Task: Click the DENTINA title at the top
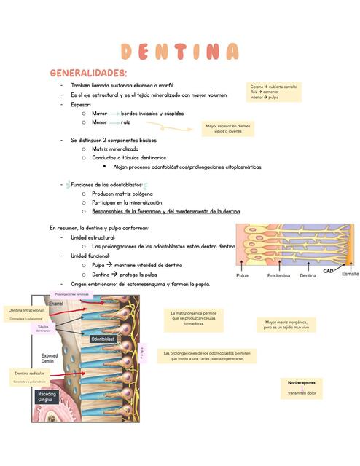tap(179, 52)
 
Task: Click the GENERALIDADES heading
tap(88, 74)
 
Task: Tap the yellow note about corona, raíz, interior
tap(274, 92)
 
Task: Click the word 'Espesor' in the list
tap(81, 104)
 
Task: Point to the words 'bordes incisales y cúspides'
tap(152, 114)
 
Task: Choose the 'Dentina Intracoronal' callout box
tap(27, 313)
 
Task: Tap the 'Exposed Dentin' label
tap(50, 360)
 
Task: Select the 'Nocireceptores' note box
tap(302, 387)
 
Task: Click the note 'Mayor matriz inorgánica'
tap(286, 324)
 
